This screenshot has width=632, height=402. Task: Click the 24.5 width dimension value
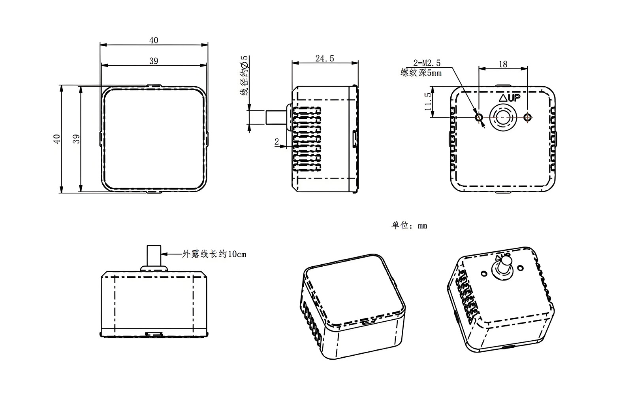(325, 59)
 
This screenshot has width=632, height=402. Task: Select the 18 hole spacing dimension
(503, 64)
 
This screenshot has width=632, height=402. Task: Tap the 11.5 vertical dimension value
(428, 102)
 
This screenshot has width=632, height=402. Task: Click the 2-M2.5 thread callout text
(427, 63)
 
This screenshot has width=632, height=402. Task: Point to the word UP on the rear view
(514, 98)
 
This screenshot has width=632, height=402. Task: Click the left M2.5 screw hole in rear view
(479, 117)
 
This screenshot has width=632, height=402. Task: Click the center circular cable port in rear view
(503, 117)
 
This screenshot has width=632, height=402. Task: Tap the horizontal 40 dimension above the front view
(154, 40)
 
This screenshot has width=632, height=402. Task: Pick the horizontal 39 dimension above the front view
(154, 61)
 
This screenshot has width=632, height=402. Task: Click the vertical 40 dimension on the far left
(57, 138)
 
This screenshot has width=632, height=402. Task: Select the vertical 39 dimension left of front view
(77, 138)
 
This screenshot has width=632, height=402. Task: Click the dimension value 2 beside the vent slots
(276, 141)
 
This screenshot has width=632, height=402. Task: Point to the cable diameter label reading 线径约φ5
(245, 76)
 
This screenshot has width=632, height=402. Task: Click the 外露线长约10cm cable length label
(214, 254)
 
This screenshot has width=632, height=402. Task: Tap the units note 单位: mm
(409, 226)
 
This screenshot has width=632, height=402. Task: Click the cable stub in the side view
(275, 117)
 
